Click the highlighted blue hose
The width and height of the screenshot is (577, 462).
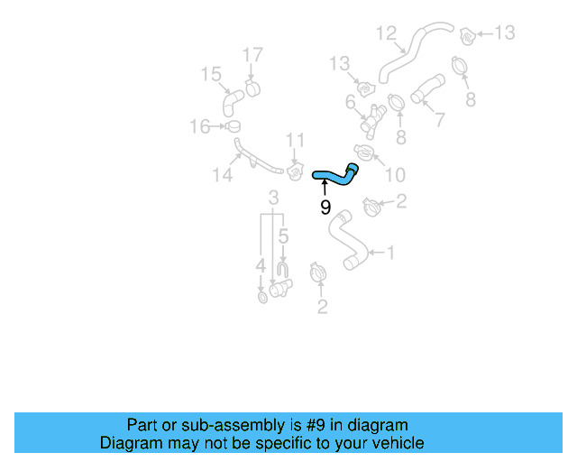pyautogui.click(x=334, y=174)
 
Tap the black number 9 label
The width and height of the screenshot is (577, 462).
pyautogui.click(x=325, y=208)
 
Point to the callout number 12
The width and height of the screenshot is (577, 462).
pyautogui.click(x=386, y=34)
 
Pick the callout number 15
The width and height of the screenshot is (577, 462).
pyautogui.click(x=210, y=74)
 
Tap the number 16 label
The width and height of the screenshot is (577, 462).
pyautogui.click(x=199, y=126)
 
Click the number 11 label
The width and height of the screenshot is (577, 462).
pyautogui.click(x=296, y=140)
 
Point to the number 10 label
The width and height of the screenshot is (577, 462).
pyautogui.click(x=395, y=175)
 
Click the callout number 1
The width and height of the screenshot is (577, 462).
pyautogui.click(x=390, y=254)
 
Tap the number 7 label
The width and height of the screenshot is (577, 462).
pyautogui.click(x=439, y=120)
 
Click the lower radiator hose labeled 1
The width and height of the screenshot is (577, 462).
pyautogui.click(x=345, y=243)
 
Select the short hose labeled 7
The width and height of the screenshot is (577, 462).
pyautogui.click(x=428, y=90)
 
